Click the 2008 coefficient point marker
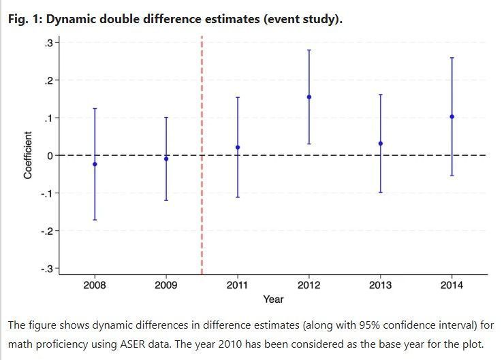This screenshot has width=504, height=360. tap(95, 164)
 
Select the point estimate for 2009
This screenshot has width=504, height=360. tap(166, 159)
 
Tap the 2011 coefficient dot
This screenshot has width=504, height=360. tap(238, 148)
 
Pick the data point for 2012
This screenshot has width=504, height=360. tap(309, 97)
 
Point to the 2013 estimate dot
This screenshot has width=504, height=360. tap(381, 144)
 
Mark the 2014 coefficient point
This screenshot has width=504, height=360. tap(452, 116)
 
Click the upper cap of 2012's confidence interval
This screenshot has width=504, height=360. tap(309, 50)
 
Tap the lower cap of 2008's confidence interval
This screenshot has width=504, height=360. tap(95, 220)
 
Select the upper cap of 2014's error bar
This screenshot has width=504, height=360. tap(452, 58)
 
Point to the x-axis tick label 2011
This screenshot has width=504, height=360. tap(238, 285)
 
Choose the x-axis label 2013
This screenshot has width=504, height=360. tap(381, 285)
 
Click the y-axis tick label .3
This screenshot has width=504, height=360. tap(48, 43)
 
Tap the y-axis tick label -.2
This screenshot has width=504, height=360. tap(46, 231)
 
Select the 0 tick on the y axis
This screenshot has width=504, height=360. tap(50, 156)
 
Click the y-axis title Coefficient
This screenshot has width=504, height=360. tap(28, 155)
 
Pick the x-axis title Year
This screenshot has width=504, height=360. tap(273, 299)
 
